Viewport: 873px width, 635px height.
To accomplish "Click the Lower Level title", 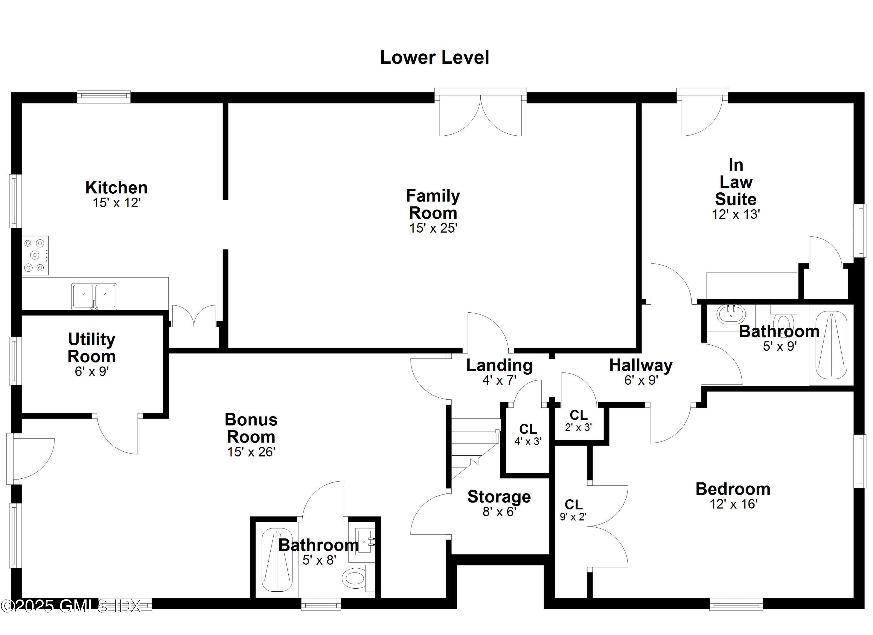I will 434,58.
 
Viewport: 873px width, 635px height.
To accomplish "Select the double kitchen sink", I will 94,296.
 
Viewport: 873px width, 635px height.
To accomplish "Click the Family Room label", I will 433,204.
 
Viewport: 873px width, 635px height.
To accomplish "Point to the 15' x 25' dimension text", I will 433,228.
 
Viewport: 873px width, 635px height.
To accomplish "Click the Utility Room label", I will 92,348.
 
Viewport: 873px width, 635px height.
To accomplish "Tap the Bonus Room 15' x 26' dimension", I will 251,452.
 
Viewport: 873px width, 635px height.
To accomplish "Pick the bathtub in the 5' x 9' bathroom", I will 831,345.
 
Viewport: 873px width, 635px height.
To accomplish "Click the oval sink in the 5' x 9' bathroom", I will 728,314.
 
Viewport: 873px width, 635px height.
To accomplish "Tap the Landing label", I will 499,365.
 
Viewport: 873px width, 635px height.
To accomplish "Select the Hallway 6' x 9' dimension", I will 641,380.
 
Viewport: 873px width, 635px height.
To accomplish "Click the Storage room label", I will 499,497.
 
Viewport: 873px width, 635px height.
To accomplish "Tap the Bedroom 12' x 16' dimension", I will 733,504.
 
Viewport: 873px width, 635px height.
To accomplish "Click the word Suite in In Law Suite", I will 736,199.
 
